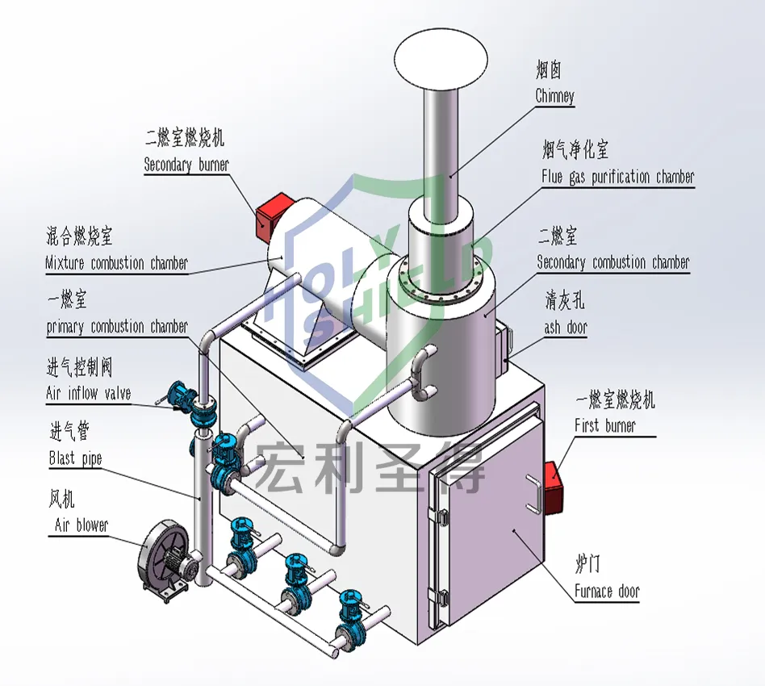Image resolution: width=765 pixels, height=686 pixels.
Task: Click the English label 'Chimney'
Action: point(555,96)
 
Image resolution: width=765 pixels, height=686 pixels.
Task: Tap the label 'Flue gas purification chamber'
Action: point(618,176)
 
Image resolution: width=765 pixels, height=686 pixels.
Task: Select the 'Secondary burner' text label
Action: point(186,165)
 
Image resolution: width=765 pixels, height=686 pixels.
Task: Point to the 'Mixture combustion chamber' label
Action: point(117,263)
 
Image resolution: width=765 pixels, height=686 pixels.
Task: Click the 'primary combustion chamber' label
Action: point(117,327)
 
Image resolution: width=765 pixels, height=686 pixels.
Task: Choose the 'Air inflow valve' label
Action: point(89,394)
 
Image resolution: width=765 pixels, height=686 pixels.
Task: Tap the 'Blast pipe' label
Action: point(76,458)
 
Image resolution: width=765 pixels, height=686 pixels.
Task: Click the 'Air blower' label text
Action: point(81,525)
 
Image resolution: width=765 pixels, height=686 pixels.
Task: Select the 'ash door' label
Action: point(566,328)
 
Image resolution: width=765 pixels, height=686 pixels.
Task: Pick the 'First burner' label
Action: point(604,425)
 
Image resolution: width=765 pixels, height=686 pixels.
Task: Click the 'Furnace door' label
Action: point(607,592)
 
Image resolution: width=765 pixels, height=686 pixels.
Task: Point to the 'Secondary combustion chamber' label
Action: point(613,262)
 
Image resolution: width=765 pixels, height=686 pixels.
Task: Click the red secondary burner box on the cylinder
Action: point(273,214)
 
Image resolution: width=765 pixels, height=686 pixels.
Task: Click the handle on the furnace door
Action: point(533,494)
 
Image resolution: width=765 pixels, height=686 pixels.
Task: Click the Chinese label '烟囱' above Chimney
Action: point(550,70)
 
